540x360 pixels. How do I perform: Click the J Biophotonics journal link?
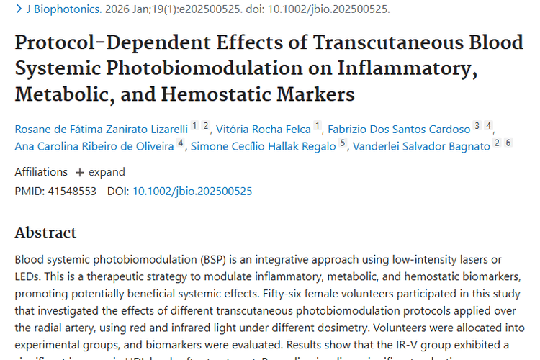tap(61, 9)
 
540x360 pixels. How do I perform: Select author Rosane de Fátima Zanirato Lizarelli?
tap(101, 129)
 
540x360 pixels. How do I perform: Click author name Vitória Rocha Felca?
tap(264, 129)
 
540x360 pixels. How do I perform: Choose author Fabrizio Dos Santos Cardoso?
tap(399, 129)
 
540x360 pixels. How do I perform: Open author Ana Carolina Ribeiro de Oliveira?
tap(94, 147)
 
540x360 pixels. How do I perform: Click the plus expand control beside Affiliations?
tap(100, 172)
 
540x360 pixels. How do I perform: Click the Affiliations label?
tap(41, 172)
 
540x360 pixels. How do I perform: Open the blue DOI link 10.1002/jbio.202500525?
tap(192, 191)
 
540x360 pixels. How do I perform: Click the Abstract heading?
tap(45, 233)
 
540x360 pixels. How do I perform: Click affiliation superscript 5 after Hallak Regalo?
tap(343, 143)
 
